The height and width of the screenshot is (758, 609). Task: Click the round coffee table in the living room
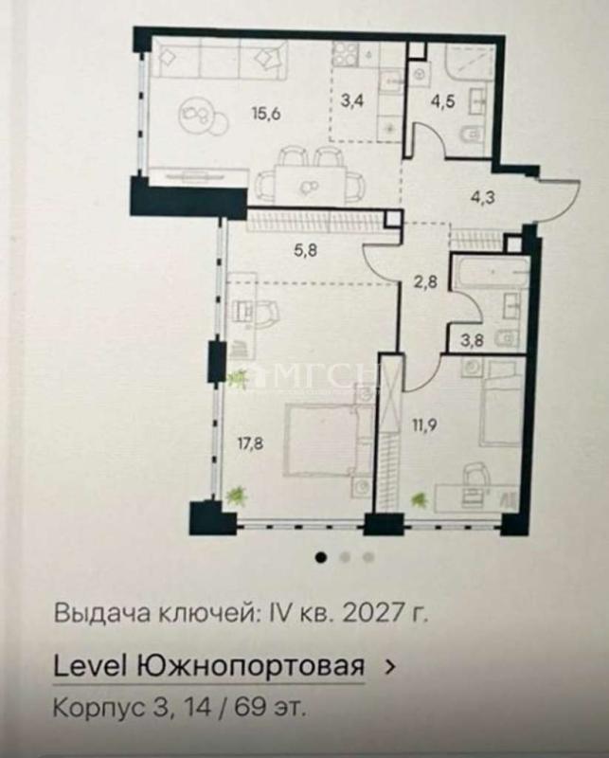(201, 117)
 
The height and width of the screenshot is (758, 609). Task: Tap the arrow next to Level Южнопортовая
(388, 666)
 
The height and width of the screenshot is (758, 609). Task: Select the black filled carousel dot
(321, 557)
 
